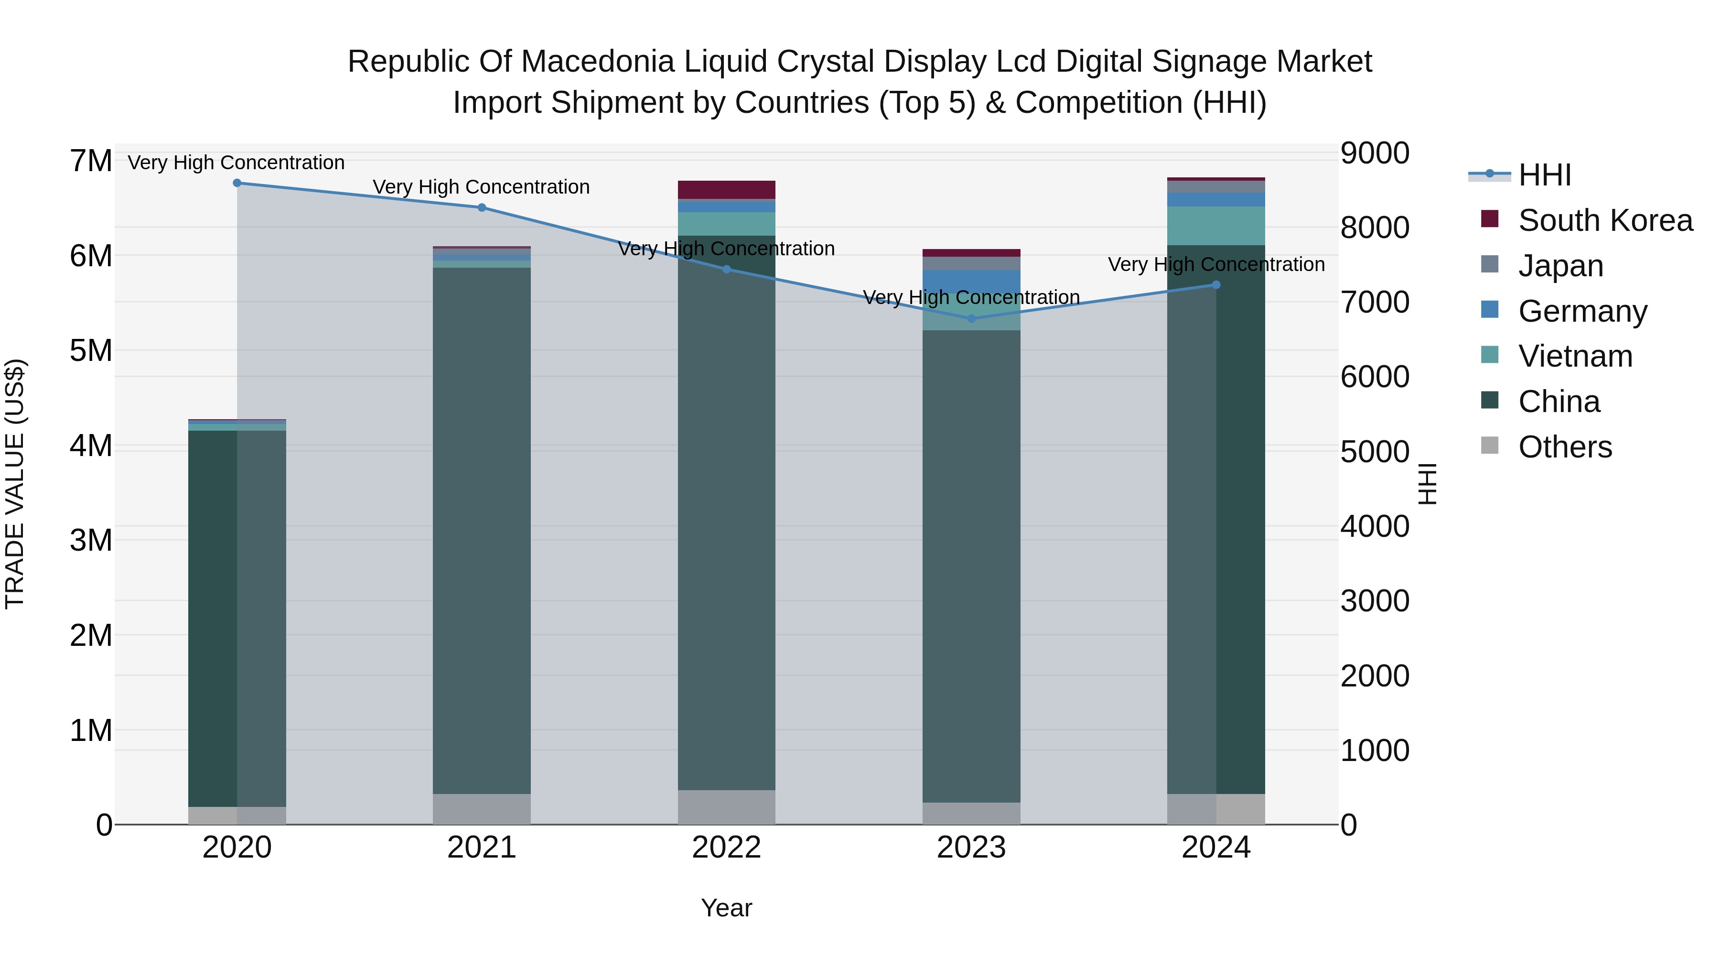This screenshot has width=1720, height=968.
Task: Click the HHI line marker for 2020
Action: tap(237, 183)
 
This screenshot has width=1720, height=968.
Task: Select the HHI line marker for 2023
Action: tap(971, 319)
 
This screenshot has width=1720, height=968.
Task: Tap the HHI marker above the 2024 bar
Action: tap(1216, 284)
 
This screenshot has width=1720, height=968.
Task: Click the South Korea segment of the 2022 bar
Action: tap(726, 190)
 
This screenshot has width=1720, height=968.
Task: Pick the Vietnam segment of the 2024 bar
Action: tap(1216, 226)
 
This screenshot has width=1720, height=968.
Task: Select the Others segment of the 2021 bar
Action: tap(482, 809)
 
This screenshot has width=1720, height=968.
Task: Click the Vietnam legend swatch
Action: tap(1490, 355)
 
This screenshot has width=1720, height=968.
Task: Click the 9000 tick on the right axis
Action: tap(1375, 153)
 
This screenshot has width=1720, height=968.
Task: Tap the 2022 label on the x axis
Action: tap(726, 848)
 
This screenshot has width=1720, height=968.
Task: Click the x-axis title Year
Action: tap(726, 908)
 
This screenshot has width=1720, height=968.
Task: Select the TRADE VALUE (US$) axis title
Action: tap(15, 484)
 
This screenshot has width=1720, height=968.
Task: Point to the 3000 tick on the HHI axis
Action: tap(1375, 600)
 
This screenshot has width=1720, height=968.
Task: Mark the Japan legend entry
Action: tap(1560, 266)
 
